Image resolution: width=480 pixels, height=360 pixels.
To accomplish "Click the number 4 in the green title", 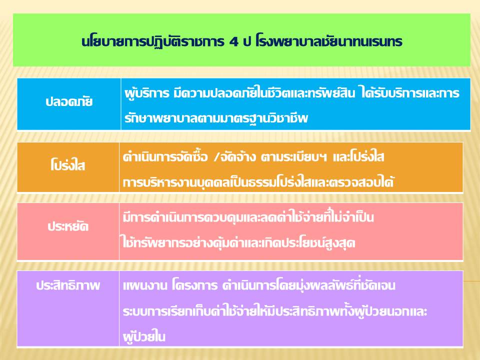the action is coord(233,42).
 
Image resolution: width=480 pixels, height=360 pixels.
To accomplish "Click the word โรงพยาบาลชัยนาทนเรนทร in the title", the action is coord(328,41).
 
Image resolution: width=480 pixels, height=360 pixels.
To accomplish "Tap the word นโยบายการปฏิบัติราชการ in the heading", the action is coord(153,41).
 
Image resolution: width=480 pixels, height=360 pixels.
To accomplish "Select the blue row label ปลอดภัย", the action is coord(69,101).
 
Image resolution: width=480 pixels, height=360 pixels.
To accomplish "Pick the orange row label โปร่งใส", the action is coord(67,165).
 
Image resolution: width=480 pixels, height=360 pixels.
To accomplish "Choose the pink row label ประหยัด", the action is coord(68,226).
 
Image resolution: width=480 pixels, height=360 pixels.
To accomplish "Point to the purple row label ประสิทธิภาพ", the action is coord(68,285).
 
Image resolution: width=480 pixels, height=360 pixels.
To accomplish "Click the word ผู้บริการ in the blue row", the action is coord(146,93).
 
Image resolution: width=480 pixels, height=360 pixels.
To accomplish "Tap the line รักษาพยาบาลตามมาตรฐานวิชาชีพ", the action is coord(216,118).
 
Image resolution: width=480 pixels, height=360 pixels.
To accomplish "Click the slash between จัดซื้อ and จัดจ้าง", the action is coord(216,157).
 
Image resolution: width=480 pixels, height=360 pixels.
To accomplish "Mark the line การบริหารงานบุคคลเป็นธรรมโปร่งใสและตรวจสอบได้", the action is coord(258,182).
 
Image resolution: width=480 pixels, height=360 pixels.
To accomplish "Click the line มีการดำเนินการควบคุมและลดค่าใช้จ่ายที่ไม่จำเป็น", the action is coord(248,217).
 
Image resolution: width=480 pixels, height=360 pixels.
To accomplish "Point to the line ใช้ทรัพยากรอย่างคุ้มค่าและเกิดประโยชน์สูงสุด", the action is coord(238,243).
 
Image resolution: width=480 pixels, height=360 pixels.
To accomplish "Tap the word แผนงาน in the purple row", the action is coord(145,285).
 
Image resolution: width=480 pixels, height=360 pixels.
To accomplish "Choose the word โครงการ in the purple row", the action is coord(194,285).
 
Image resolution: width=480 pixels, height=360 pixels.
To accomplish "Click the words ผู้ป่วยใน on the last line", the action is coord(144,336).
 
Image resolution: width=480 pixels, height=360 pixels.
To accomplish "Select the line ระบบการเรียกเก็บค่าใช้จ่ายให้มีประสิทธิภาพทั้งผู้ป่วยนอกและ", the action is coord(275,311).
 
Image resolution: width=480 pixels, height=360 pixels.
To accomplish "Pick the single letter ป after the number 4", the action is coord(246,42).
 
